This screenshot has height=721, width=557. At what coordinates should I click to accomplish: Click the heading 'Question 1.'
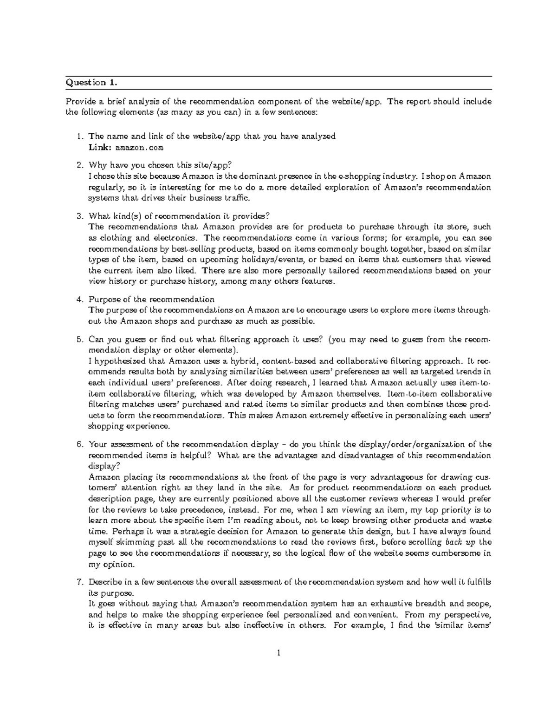(x=91, y=83)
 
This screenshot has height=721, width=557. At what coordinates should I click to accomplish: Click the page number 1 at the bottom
(x=278, y=654)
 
